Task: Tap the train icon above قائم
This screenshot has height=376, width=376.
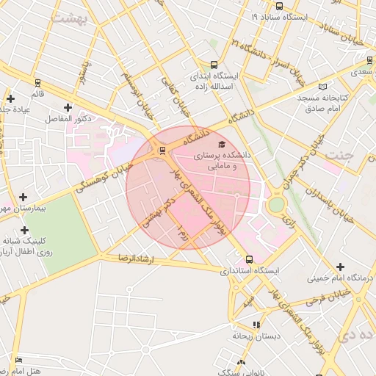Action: coord(37,83)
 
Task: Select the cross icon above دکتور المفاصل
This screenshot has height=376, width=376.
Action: coord(68,108)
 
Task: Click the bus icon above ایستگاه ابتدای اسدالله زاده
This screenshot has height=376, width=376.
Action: coord(214,65)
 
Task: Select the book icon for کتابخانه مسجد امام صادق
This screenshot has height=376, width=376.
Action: coord(302,97)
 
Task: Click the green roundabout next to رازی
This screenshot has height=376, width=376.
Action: coord(275,204)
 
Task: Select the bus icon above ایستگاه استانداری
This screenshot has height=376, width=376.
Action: coord(249,259)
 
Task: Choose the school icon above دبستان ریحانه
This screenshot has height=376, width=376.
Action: coord(256,324)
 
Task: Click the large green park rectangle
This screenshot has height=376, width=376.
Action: coord(45,221)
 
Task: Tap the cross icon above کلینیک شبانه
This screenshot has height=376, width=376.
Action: coord(24,230)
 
